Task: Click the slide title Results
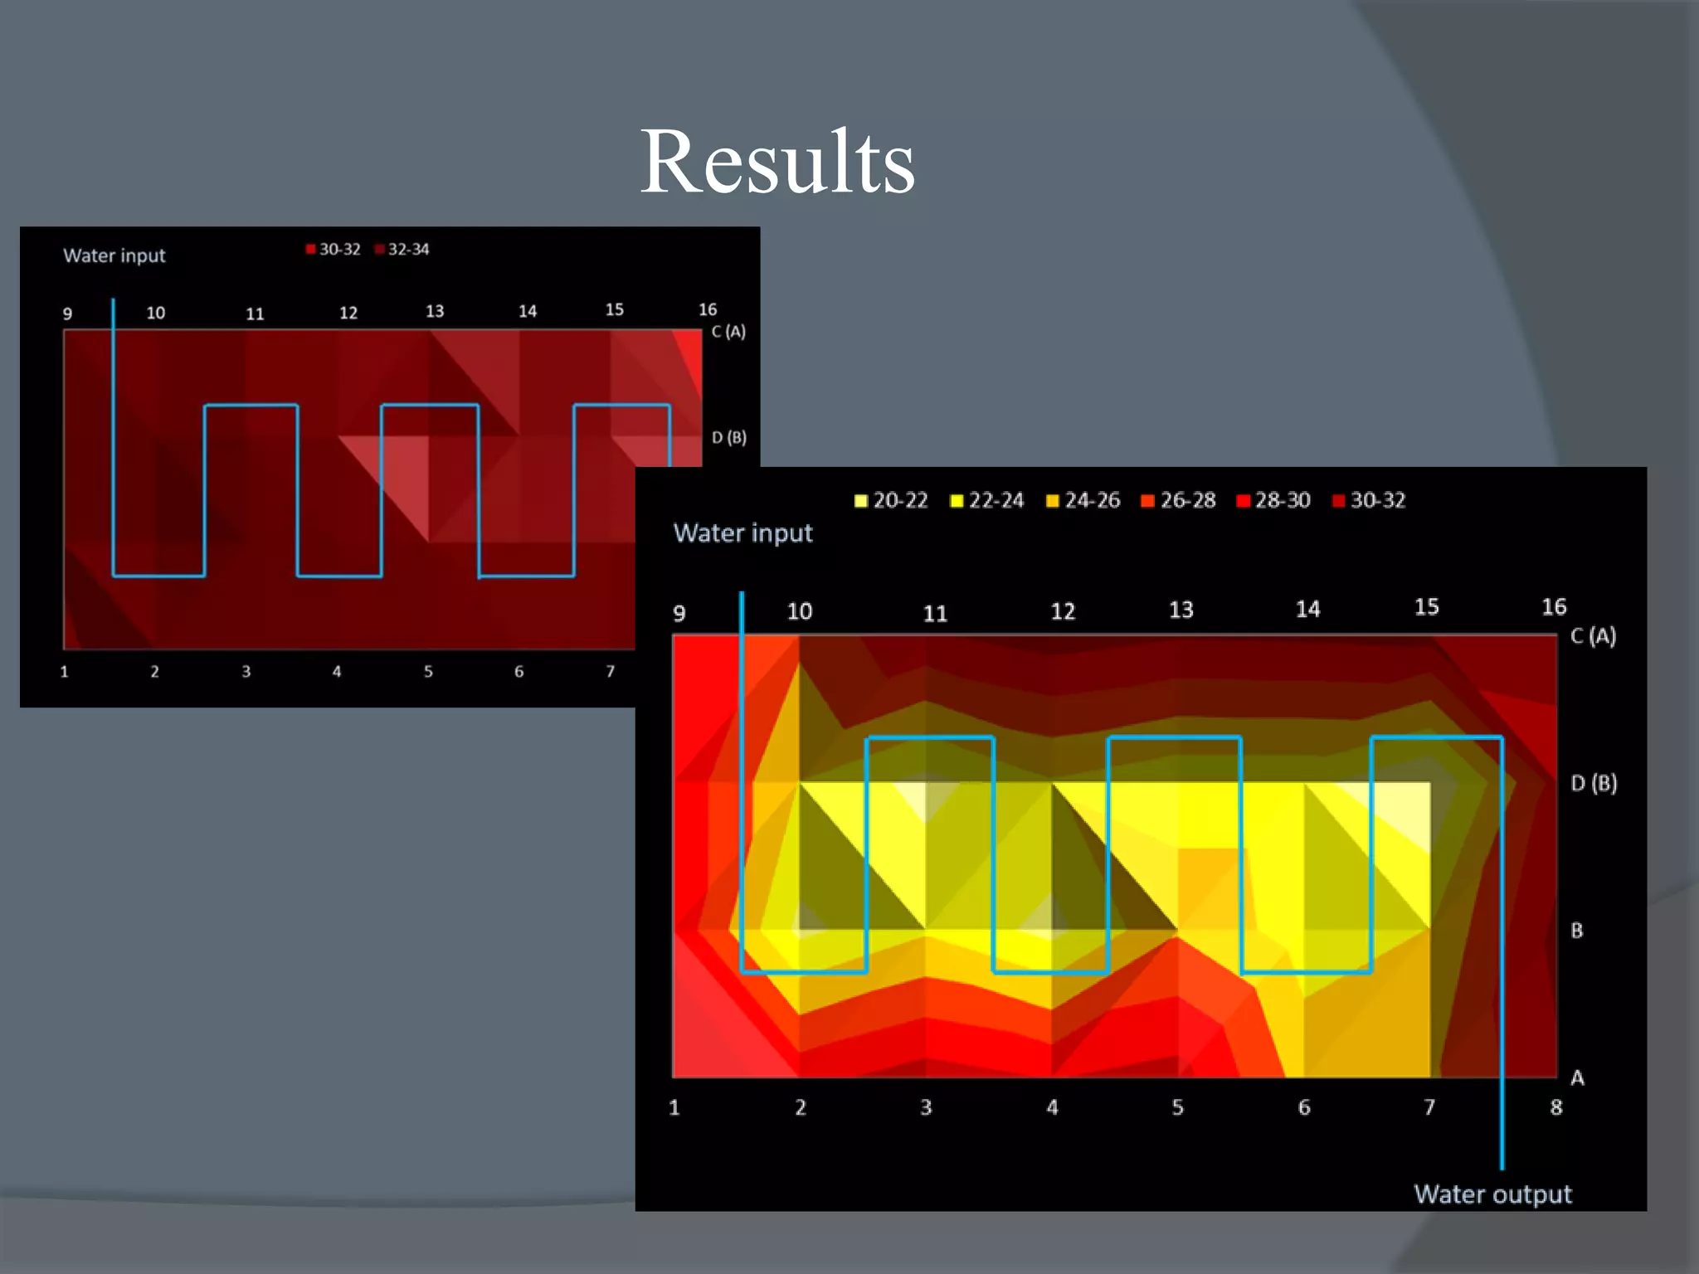[x=776, y=163]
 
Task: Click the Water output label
[x=1492, y=1194]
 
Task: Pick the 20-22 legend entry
[x=892, y=501]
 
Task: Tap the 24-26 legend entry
[x=1083, y=501]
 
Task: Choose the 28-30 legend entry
[x=1274, y=501]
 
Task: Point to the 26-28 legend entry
[x=1179, y=501]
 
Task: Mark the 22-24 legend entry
[x=987, y=501]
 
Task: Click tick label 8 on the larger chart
[x=1556, y=1107]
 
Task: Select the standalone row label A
[x=1577, y=1078]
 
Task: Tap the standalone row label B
[x=1577, y=931]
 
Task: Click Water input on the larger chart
[x=742, y=533]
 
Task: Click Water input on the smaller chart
[x=114, y=255]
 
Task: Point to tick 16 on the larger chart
[x=1554, y=607]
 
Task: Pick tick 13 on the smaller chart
[x=435, y=311]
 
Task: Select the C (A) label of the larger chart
[x=1593, y=636]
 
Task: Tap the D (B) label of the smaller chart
[x=729, y=437]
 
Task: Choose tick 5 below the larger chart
[x=1178, y=1107]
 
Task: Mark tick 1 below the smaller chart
[x=65, y=672]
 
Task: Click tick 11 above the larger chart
[x=935, y=614]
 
